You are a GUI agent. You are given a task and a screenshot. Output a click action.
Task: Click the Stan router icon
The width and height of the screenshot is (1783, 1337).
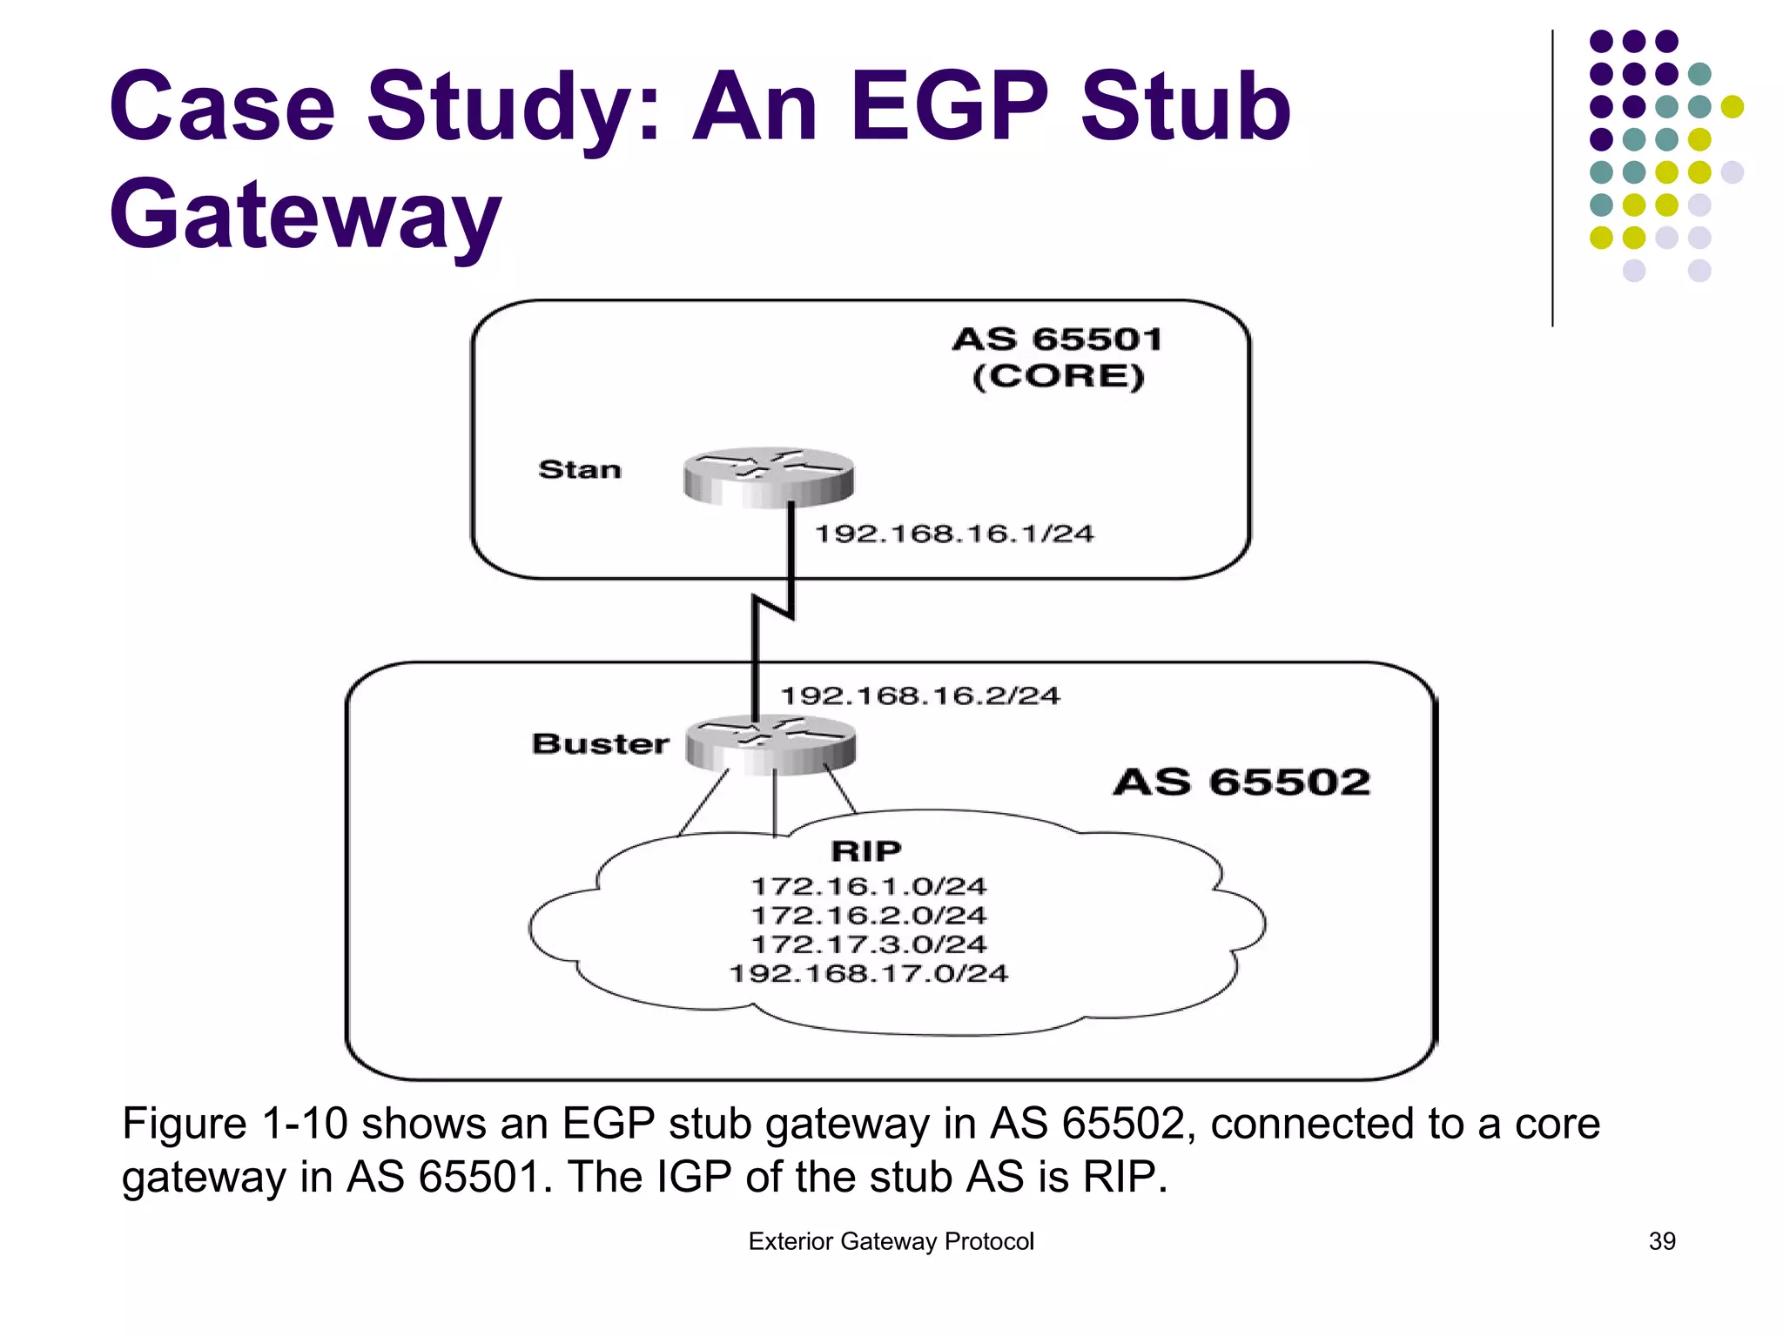tap(768, 476)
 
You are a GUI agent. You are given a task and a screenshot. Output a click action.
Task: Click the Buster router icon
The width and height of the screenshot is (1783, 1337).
tap(770, 745)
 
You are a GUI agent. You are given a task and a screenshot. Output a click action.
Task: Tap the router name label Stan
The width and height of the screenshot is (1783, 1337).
tap(580, 470)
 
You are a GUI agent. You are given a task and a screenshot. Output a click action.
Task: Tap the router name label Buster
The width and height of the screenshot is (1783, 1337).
tap(601, 744)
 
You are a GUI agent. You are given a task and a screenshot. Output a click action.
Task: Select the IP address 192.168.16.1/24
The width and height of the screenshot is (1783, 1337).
tap(954, 534)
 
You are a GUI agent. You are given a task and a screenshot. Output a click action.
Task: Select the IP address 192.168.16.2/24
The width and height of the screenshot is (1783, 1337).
tap(920, 695)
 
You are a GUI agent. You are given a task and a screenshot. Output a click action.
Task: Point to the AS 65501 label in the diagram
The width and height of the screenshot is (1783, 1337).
tap(1058, 339)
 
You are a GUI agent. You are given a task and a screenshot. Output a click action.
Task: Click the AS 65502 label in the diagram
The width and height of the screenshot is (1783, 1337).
tap(1242, 782)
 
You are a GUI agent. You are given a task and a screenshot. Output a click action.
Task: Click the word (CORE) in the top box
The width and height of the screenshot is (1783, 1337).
tap(1058, 377)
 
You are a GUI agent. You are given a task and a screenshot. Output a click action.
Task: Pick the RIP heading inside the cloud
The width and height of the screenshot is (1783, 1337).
tap(866, 850)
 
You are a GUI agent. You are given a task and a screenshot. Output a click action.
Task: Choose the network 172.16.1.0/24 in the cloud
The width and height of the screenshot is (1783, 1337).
tap(869, 886)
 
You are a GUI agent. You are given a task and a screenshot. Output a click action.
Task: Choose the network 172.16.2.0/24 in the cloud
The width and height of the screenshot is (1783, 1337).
tap(869, 916)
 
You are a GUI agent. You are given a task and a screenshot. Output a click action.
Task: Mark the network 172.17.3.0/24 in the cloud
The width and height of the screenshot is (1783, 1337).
tap(869, 944)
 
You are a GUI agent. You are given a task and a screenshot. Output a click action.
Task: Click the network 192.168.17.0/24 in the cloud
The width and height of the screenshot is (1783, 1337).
tap(869, 973)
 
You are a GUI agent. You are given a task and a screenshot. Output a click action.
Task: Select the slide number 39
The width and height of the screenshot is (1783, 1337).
tap(1662, 1241)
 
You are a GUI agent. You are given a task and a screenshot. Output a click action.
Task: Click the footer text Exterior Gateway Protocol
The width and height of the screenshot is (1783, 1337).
tap(891, 1241)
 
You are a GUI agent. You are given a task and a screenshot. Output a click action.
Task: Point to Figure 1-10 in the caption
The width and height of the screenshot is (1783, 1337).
tap(234, 1124)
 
